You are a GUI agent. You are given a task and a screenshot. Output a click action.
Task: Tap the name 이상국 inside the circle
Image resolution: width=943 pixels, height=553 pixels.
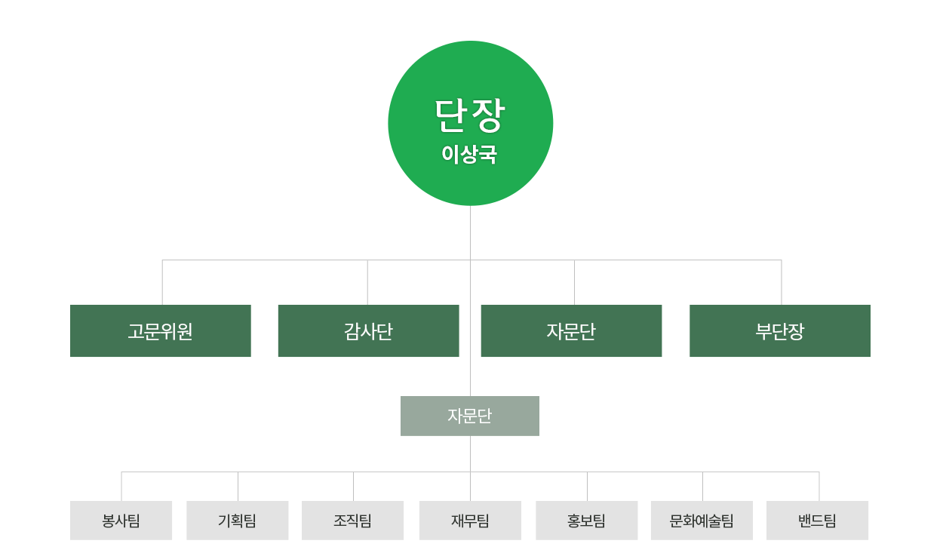click(469, 155)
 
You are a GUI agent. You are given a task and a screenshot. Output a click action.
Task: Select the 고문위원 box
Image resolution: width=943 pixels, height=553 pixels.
click(161, 331)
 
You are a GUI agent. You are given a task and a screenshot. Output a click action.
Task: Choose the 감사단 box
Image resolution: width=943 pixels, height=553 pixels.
click(368, 331)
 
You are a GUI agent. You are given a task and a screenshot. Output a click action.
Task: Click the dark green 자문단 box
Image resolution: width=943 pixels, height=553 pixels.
click(571, 331)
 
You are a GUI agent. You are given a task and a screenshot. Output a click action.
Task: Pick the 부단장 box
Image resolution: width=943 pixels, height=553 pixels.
click(780, 331)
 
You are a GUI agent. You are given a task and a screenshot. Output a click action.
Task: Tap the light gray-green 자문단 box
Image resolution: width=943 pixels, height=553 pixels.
click(469, 416)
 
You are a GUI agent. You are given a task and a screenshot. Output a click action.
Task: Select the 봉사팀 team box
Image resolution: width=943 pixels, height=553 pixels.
click(121, 521)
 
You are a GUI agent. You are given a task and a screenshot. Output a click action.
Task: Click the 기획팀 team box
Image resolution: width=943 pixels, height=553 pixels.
click(237, 521)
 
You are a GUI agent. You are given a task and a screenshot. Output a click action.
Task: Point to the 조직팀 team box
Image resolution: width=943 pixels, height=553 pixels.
click(352, 521)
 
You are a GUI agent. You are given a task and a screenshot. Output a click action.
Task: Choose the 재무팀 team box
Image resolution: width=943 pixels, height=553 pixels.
click(470, 521)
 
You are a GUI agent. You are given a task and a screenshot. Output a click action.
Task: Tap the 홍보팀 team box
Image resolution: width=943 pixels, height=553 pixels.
click(586, 521)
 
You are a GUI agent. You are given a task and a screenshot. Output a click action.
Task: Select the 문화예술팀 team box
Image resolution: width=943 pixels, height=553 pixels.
click(702, 521)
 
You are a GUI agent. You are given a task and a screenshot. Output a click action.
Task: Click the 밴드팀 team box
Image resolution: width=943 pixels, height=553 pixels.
click(817, 521)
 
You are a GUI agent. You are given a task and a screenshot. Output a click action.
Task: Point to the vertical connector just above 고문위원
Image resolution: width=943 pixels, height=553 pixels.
click(162, 283)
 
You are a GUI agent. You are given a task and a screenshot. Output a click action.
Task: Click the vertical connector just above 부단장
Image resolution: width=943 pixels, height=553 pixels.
click(782, 283)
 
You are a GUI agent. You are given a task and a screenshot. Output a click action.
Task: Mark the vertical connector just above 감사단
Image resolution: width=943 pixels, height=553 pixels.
click(367, 283)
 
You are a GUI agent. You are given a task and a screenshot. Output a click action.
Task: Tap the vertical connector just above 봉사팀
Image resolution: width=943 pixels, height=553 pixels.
click(121, 487)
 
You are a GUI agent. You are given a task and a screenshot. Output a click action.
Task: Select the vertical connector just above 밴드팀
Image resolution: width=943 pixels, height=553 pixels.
click(819, 487)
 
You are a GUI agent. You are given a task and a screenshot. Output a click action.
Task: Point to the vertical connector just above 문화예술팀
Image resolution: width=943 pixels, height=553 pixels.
click(702, 487)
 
